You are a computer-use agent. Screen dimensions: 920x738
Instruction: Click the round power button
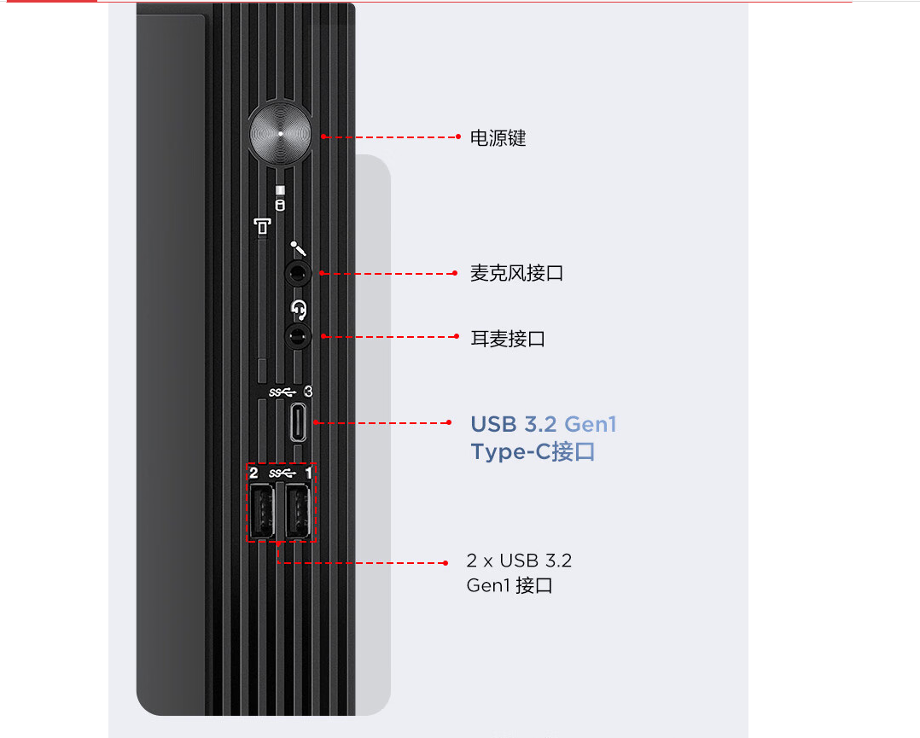[x=281, y=134]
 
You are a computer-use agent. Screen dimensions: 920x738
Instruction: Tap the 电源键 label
[x=498, y=138]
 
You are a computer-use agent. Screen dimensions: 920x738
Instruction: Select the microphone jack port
[x=298, y=273]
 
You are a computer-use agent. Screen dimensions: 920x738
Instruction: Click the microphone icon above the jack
[x=298, y=249]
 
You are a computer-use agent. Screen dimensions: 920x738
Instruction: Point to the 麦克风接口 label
[x=516, y=273]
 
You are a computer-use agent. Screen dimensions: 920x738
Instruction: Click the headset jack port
[x=298, y=337]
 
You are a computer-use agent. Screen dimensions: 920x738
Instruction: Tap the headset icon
[x=299, y=309]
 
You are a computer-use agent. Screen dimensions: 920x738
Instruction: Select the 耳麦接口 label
[x=508, y=339]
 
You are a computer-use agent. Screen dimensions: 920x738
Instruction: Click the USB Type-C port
[x=299, y=421]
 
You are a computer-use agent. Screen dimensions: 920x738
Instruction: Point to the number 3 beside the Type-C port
[x=308, y=392]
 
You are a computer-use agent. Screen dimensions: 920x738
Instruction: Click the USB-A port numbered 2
[x=262, y=511]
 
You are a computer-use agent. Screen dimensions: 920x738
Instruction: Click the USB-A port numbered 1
[x=298, y=511]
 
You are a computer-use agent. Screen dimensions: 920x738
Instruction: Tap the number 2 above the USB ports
[x=253, y=473]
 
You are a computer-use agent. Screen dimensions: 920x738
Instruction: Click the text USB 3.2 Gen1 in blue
[x=544, y=424]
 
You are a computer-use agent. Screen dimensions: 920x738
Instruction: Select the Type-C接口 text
[x=533, y=451]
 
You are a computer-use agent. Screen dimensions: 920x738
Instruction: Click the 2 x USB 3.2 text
[x=519, y=561]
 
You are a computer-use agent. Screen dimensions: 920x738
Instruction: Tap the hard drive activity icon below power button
[x=280, y=205]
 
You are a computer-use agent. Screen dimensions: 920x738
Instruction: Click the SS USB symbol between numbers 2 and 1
[x=282, y=473]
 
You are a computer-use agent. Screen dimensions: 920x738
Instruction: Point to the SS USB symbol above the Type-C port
[x=282, y=392]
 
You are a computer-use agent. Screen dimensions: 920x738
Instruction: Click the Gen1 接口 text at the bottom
[x=509, y=585]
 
